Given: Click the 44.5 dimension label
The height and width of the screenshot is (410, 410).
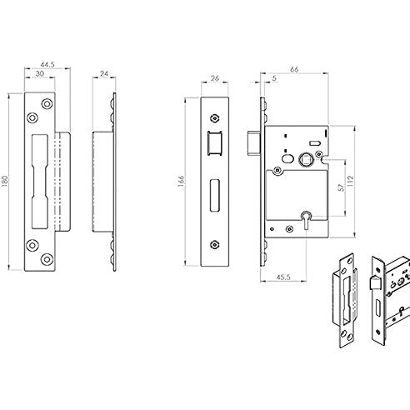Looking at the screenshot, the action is point(47,65).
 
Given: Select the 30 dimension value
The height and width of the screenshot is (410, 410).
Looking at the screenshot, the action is point(40,74).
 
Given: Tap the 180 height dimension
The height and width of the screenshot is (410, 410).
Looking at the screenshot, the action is point(5,181).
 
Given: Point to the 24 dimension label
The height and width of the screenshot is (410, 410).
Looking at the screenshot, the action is point(104,74).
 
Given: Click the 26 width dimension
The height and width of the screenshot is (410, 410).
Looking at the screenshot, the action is point(215,78).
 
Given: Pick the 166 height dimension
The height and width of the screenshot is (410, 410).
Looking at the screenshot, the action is point(181,181).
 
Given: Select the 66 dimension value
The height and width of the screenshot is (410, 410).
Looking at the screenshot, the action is point(294,69).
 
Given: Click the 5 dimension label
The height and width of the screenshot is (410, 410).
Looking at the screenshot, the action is point(274,78).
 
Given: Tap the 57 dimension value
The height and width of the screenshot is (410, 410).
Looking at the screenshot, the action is point(342,187).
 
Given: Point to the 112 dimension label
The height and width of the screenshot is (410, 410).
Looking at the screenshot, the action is point(351,181).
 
